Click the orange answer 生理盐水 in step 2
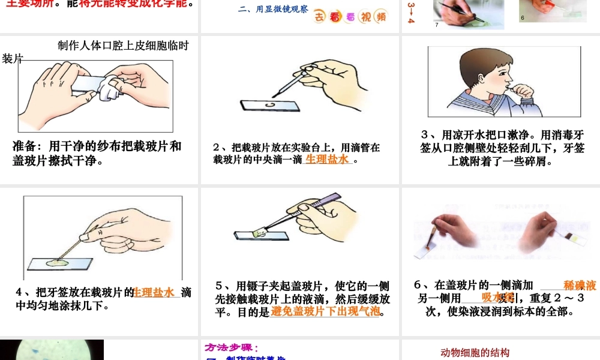point(327,160)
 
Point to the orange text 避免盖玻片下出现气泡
point(325,311)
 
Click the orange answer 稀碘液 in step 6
point(580,286)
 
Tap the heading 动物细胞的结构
point(475,353)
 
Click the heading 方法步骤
point(231,347)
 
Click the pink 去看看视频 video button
point(351,16)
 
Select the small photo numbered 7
point(468,13)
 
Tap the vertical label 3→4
point(411,12)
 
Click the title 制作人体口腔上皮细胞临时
point(123,46)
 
